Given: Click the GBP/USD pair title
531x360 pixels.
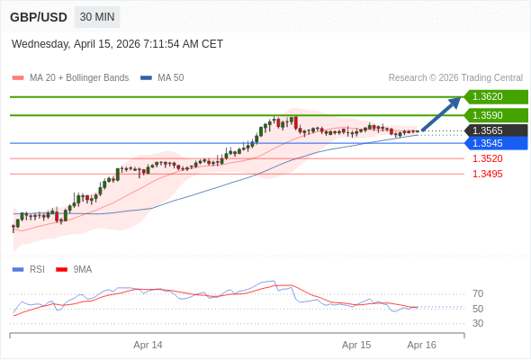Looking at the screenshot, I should point(39,17).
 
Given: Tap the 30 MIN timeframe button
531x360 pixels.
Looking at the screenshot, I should point(97,17).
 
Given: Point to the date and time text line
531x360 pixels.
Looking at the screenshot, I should point(117,44).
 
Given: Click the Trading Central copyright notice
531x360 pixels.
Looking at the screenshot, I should point(455,78).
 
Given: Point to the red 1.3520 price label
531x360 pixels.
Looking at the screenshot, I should point(487,158).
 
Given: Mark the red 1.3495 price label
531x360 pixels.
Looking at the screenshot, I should point(487,174).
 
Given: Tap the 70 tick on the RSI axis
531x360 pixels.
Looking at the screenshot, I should point(478,293).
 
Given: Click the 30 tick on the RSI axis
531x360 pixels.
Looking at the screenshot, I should point(478,323).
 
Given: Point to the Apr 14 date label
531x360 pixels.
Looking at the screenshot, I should point(148,345).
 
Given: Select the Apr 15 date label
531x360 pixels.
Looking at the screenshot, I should point(356,345).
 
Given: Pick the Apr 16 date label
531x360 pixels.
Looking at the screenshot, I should point(421,345).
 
